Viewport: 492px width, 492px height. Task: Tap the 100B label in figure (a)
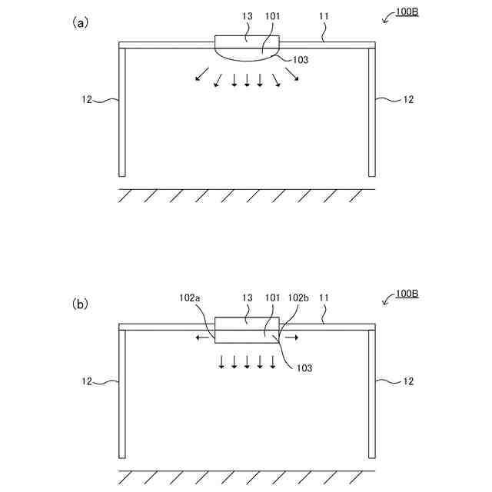407,13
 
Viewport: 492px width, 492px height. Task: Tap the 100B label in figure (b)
407,294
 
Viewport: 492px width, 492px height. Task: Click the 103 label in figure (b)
305,367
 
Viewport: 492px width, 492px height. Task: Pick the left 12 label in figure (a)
88,99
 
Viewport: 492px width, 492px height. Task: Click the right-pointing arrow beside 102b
291,337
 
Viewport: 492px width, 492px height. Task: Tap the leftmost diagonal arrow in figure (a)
201,75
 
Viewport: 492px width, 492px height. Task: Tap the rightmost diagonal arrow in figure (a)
293,75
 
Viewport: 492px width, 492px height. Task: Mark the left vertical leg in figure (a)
122,111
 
